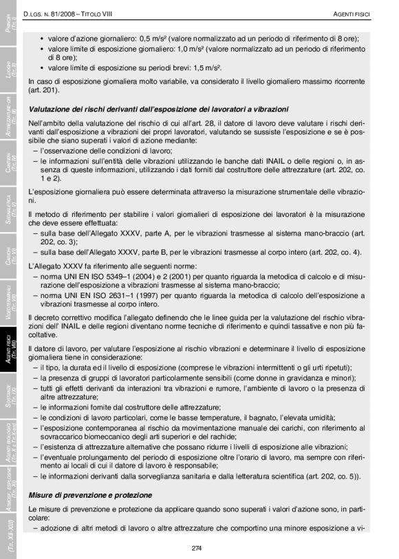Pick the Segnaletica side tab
(x=8, y=207)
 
